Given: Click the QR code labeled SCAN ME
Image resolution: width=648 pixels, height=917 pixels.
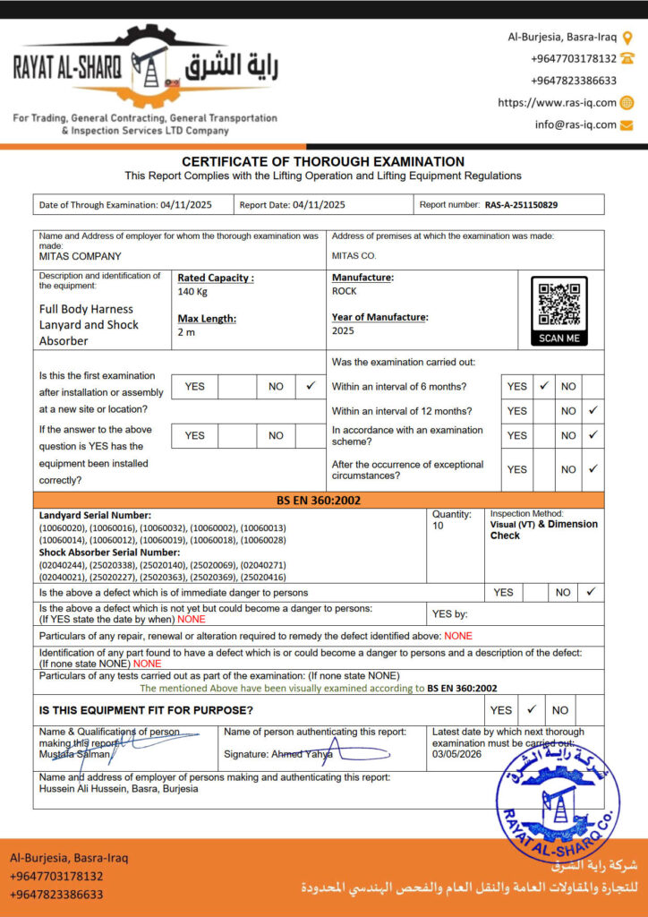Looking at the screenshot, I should click(x=559, y=304).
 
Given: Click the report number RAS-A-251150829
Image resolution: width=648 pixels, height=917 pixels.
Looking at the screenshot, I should click(x=521, y=205).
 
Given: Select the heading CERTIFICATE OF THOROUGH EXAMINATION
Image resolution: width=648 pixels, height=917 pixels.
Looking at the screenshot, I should click(x=323, y=161).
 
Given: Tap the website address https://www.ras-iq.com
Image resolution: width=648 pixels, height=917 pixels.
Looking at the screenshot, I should click(x=557, y=103).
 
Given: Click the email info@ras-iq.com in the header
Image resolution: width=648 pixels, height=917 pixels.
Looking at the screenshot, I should click(x=576, y=124).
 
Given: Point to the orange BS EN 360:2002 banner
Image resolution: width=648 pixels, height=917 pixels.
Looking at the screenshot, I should click(x=319, y=500).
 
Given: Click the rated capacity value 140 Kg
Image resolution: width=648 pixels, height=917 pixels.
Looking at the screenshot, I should click(x=192, y=292).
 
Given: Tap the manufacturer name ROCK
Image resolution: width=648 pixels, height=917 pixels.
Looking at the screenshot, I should click(x=345, y=291).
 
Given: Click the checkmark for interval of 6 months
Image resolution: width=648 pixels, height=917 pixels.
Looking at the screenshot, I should click(x=543, y=386).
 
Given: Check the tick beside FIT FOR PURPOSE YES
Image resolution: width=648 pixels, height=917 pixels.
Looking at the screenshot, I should click(x=531, y=709).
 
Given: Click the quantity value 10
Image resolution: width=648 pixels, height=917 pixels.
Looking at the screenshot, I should click(x=439, y=526).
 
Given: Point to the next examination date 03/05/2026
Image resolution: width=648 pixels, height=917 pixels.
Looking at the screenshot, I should click(x=456, y=755).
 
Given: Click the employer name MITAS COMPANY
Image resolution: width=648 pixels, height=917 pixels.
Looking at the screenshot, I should click(x=81, y=256).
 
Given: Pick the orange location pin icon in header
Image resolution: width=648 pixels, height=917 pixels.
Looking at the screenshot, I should click(x=627, y=37).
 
